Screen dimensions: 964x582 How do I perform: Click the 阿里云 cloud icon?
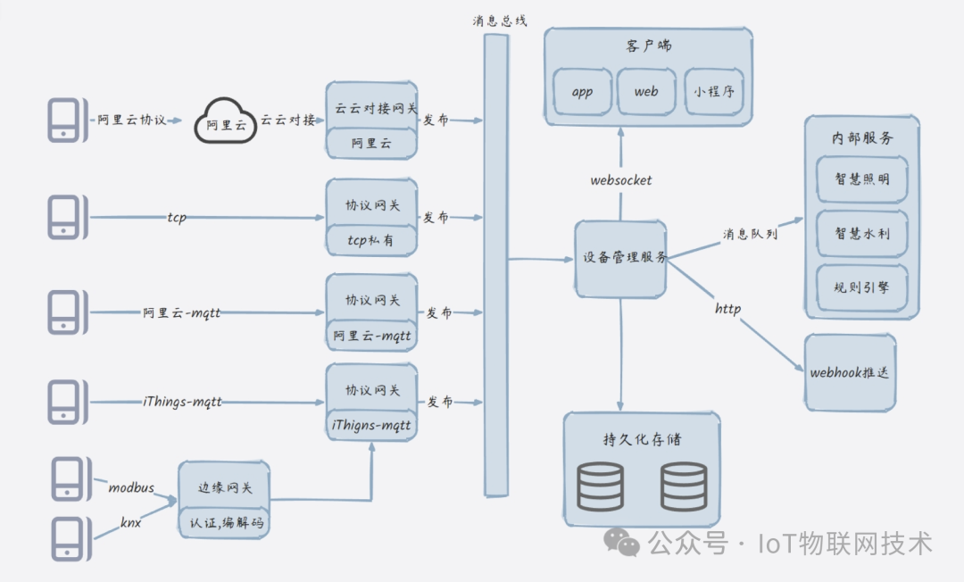[225, 121]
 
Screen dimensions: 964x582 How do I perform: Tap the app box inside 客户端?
[582, 92]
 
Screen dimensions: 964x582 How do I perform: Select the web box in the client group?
[646, 92]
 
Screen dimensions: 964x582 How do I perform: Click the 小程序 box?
[714, 92]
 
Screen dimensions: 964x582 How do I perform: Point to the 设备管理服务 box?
[621, 260]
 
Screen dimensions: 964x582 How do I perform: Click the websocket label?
[621, 180]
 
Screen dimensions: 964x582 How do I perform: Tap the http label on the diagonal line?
[728, 309]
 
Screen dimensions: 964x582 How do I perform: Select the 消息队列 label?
[750, 234]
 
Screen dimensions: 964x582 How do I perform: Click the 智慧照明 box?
[862, 179]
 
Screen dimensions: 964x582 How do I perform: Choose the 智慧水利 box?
[862, 234]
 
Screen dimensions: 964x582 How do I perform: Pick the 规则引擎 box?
[862, 287]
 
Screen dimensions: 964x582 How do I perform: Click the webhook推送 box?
[851, 372]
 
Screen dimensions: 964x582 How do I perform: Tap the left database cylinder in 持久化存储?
[600, 486]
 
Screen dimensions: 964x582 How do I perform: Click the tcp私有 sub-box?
[371, 240]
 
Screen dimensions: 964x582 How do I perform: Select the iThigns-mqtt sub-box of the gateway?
[371, 425]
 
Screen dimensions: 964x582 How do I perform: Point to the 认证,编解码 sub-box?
[224, 523]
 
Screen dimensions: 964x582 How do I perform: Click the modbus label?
[131, 488]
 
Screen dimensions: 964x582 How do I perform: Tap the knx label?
[131, 522]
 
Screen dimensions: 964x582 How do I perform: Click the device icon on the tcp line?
[68, 217]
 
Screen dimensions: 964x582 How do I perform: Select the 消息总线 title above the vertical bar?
[500, 21]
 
